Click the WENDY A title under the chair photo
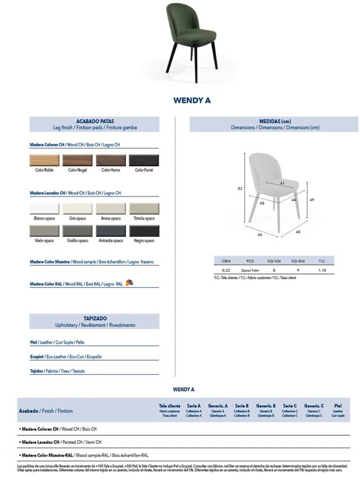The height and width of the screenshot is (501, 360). click(x=192, y=101)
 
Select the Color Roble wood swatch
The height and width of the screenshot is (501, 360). click(x=44, y=160)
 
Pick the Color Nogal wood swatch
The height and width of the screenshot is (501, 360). click(x=77, y=160)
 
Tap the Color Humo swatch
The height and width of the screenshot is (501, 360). click(x=110, y=160)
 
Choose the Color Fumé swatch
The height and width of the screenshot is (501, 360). click(x=144, y=160)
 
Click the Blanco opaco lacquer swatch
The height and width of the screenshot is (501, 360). click(x=44, y=209)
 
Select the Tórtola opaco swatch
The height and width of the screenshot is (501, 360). click(x=144, y=209)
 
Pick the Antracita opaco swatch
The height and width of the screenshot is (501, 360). click(x=110, y=231)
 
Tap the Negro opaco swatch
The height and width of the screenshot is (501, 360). click(x=144, y=231)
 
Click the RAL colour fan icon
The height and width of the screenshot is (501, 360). click(x=129, y=283)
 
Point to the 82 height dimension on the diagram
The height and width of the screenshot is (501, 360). click(x=240, y=188)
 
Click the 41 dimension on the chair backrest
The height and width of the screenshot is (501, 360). click(x=282, y=184)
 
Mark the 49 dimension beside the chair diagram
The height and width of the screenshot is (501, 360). click(x=312, y=200)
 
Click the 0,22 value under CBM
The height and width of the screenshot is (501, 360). click(x=226, y=270)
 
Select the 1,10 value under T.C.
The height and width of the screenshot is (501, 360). click(x=322, y=270)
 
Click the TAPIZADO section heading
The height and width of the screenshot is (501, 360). click(x=94, y=318)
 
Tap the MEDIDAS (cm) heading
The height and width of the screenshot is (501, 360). click(x=275, y=121)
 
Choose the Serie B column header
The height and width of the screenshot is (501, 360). click(x=242, y=405)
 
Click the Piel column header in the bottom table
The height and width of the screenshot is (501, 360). click(x=337, y=405)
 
